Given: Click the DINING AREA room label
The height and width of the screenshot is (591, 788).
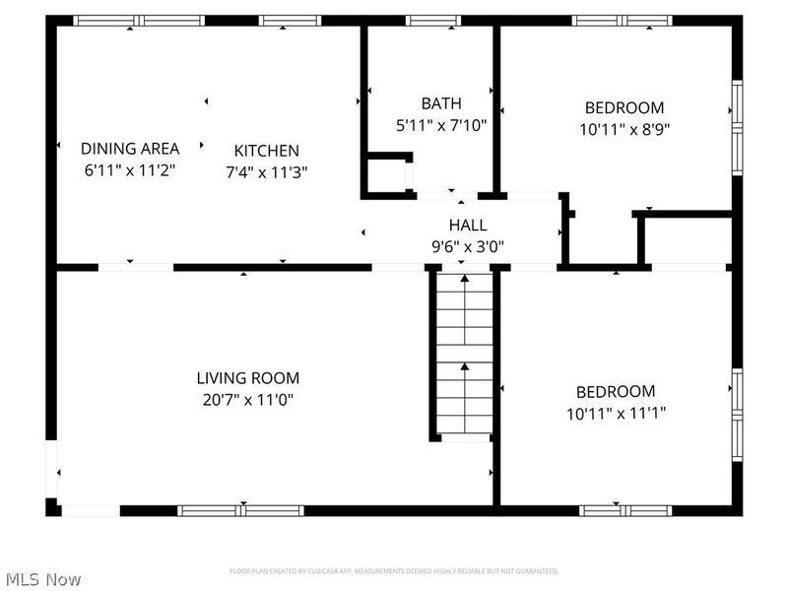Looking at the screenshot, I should pos(130,149).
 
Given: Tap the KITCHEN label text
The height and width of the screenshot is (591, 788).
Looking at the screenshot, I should pos(266,151).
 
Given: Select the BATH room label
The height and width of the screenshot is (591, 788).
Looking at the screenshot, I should pos(440,103).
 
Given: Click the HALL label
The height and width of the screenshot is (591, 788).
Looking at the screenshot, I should pos(467,226).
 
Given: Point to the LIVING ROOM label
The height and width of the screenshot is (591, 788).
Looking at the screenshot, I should pos(247,378).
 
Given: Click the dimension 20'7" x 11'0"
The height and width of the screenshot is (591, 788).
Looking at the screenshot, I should pos(247,399).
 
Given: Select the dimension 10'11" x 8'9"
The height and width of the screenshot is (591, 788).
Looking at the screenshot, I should pos(624,128).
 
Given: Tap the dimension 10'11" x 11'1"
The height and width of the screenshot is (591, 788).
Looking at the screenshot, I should pos(616,413).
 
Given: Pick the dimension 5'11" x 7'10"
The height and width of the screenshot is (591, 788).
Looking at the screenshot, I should pos(440,124).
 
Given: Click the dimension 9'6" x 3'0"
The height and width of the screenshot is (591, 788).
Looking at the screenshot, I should pos(468,246).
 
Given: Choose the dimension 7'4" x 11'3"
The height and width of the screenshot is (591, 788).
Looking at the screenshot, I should pos(266,171).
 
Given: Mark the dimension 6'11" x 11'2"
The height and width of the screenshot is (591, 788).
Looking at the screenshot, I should pos(130,169).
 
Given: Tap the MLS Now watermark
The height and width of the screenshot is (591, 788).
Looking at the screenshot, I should pos(43,579).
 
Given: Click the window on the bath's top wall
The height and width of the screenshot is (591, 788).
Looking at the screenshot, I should pos(433,20).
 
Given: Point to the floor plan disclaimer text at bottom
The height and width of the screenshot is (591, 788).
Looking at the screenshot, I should pos(394,571).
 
